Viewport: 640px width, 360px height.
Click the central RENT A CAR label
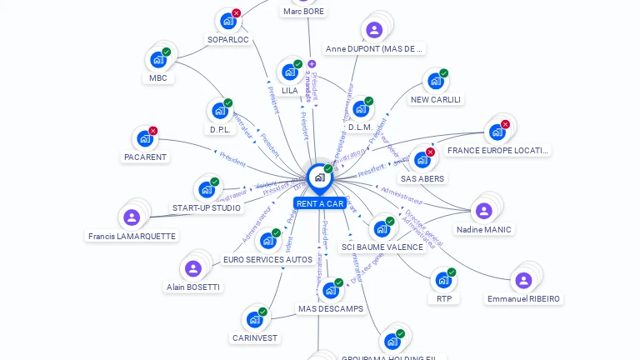(x=319, y=203)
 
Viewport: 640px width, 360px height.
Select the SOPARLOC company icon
(x=227, y=21)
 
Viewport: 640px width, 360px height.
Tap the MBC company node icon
(x=157, y=60)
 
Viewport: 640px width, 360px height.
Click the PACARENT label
(x=145, y=157)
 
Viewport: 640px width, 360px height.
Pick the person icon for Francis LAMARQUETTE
(x=131, y=217)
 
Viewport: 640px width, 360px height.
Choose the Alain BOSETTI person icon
(x=193, y=268)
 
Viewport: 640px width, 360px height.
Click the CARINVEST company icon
(x=254, y=319)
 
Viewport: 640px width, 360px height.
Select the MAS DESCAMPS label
(x=331, y=309)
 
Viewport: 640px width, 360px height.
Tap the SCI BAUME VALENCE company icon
(x=382, y=228)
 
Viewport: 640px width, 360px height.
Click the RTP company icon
(x=443, y=280)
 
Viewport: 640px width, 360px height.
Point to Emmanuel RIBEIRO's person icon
(x=523, y=280)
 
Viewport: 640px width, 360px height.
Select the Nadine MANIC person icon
(x=483, y=211)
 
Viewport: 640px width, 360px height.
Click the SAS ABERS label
(x=422, y=178)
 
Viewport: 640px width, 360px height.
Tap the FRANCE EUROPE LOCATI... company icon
(x=497, y=132)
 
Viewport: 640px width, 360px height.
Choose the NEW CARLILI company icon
(x=435, y=81)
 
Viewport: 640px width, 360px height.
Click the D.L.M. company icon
(x=360, y=109)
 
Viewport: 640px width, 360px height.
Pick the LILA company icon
(x=289, y=72)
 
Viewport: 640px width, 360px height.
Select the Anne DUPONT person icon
(x=374, y=30)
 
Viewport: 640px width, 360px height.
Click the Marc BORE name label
(x=303, y=12)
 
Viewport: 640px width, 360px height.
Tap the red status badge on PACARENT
(x=153, y=131)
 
